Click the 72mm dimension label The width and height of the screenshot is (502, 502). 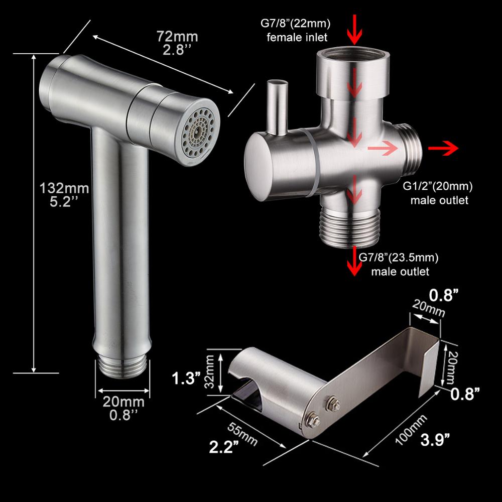point(177,37)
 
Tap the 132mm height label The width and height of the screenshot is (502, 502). point(64,188)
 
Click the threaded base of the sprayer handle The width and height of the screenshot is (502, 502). point(122,367)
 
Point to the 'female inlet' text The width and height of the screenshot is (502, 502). point(297,38)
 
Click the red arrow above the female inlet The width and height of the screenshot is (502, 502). point(355,29)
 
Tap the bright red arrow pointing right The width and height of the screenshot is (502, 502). point(443,148)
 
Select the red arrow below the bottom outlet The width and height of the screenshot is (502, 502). point(354,261)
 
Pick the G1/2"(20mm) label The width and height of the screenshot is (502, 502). point(437,186)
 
